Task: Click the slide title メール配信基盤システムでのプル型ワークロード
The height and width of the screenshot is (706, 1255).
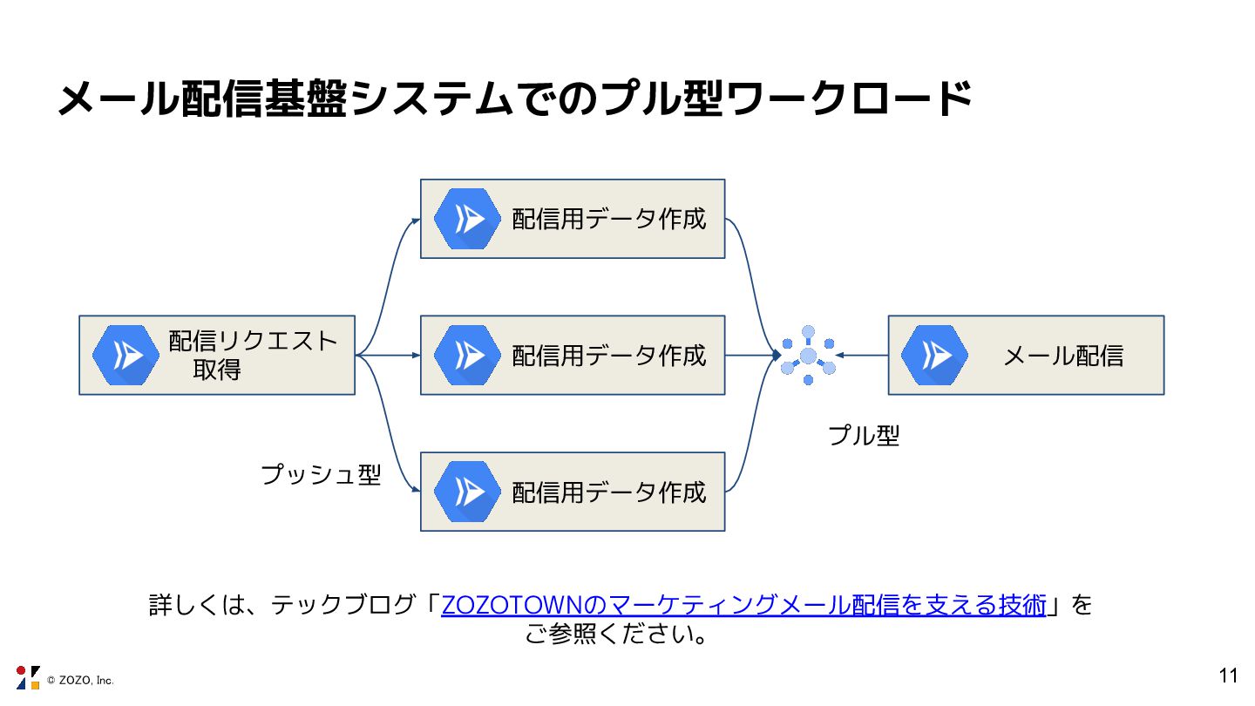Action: click(x=514, y=98)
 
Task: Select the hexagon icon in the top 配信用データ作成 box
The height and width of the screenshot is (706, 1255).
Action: click(x=467, y=219)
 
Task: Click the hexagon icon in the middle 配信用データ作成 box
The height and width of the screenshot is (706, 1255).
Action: click(x=467, y=356)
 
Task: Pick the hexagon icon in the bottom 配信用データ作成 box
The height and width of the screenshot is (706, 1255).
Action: click(x=467, y=492)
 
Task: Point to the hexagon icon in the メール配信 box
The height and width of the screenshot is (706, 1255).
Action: click(x=934, y=356)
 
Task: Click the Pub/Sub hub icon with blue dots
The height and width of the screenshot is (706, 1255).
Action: click(x=808, y=356)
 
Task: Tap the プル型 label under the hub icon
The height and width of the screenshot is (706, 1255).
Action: click(x=863, y=436)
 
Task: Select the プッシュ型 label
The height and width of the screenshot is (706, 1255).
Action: click(x=321, y=475)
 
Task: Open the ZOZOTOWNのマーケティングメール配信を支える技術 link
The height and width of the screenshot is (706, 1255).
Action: click(x=743, y=605)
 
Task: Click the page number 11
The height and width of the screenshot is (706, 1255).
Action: click(x=1228, y=676)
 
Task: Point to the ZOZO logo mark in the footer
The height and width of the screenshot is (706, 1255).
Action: click(x=28, y=677)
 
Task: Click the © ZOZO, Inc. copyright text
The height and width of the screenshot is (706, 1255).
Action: click(x=80, y=680)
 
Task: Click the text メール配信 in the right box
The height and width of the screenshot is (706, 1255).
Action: click(x=1063, y=356)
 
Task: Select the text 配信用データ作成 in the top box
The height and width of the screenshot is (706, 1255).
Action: click(x=608, y=219)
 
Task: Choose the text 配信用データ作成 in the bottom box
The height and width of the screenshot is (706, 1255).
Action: click(x=608, y=492)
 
